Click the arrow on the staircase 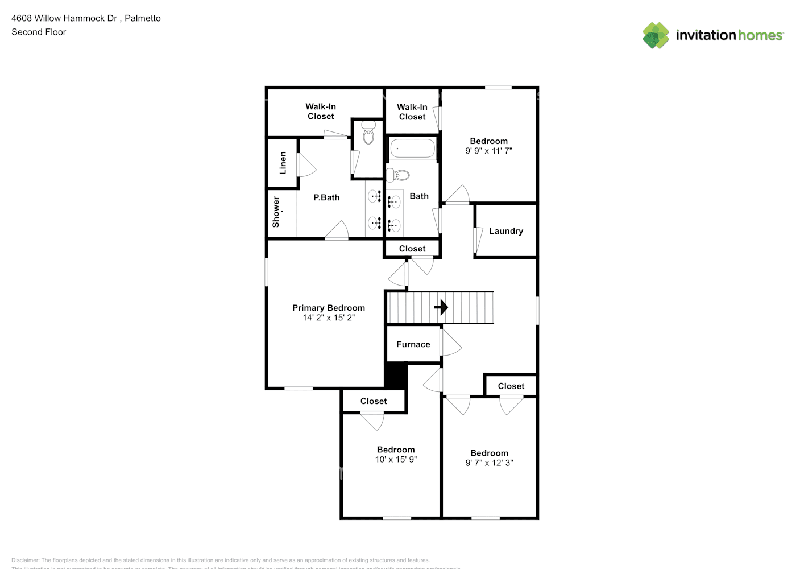click(x=441, y=308)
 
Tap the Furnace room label click(x=413, y=344)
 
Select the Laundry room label click(x=505, y=231)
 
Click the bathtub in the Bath click(x=412, y=149)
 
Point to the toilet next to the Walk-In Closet click(x=368, y=133)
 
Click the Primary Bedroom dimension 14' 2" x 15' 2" click(x=329, y=318)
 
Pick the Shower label click(x=276, y=212)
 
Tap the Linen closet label click(x=283, y=163)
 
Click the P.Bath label click(x=326, y=197)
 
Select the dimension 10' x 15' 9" click(x=396, y=459)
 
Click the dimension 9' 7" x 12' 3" click(x=489, y=463)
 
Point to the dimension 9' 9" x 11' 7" click(x=488, y=151)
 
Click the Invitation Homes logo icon click(x=656, y=35)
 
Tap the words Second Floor click(x=39, y=32)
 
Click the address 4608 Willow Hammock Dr click(x=64, y=18)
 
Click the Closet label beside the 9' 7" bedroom click(x=511, y=386)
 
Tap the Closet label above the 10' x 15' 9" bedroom click(x=373, y=401)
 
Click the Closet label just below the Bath click(x=412, y=249)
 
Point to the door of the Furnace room click(x=450, y=343)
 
